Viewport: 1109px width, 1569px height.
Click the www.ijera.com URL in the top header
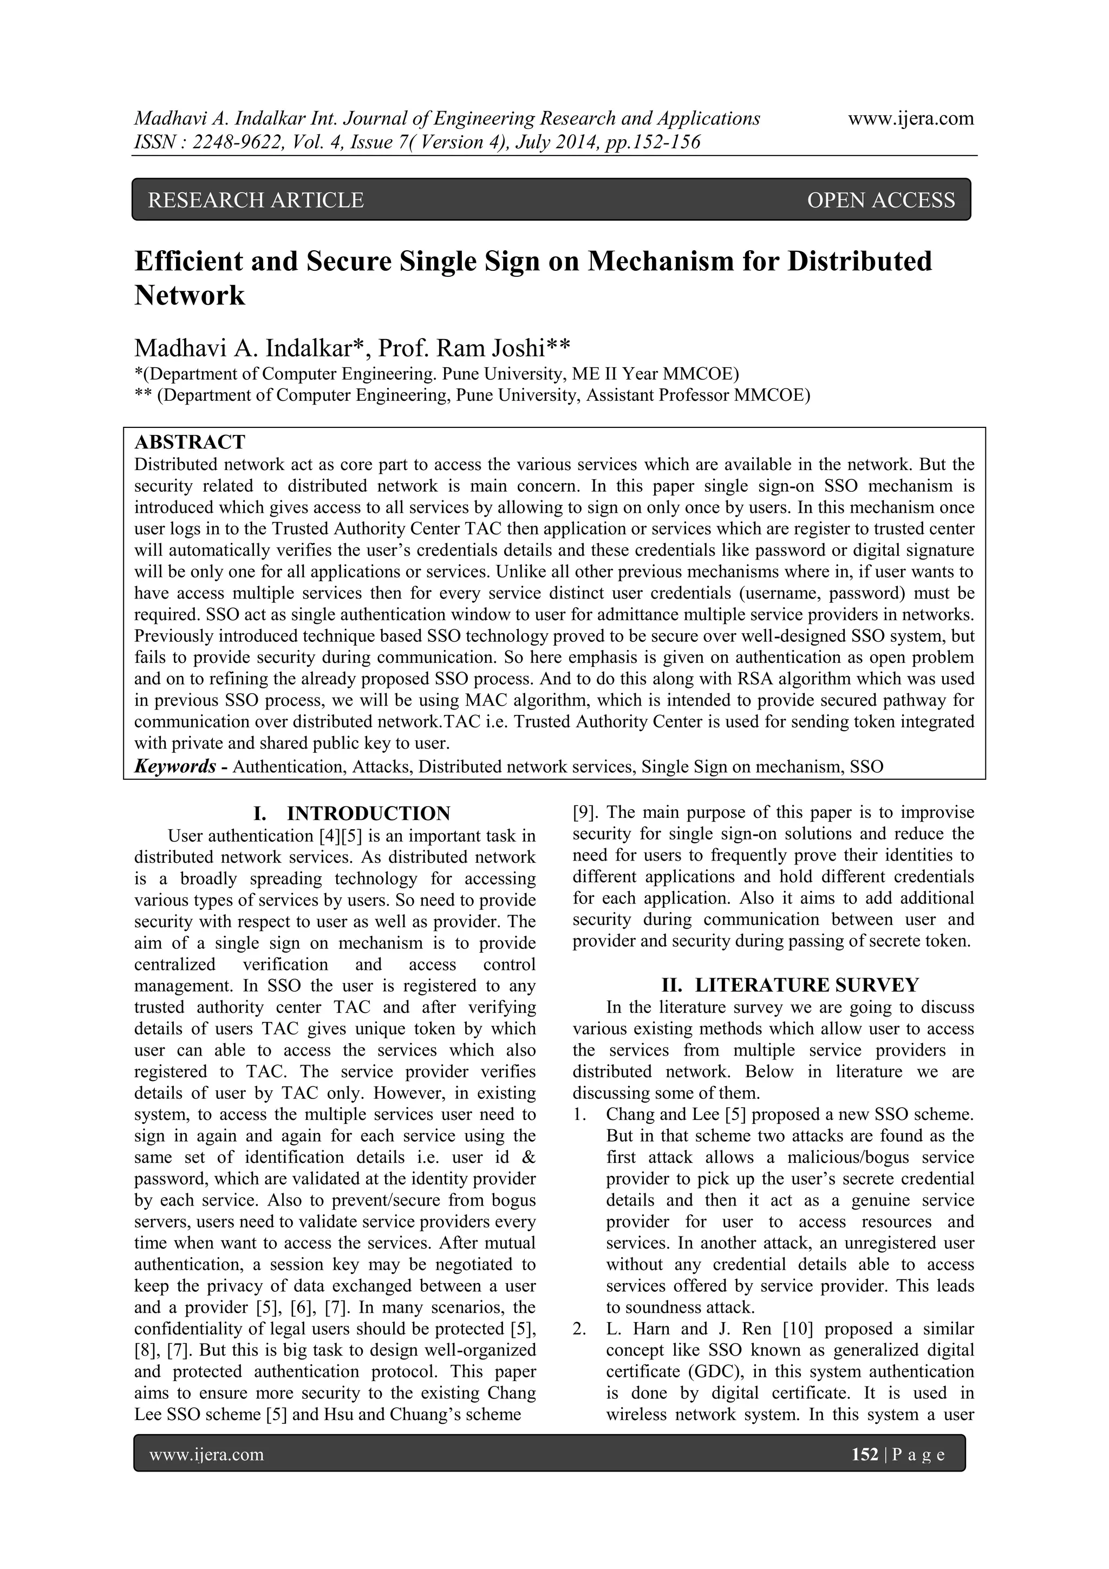910,119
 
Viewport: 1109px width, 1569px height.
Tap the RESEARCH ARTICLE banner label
256,200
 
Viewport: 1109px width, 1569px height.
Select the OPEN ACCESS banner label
881,200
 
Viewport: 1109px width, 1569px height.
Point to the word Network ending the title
190,296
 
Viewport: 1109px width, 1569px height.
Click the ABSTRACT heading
190,442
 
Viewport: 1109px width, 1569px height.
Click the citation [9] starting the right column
585,812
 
